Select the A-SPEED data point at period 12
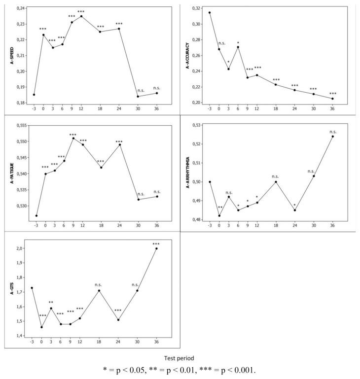click(x=81, y=16)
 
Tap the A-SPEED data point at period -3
click(x=34, y=95)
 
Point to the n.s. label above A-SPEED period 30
click(x=141, y=90)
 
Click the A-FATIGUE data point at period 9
click(x=73, y=138)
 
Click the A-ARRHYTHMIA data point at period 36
click(x=333, y=137)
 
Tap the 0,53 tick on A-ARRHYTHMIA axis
click(x=196, y=125)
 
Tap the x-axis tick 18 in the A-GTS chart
click(x=100, y=340)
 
